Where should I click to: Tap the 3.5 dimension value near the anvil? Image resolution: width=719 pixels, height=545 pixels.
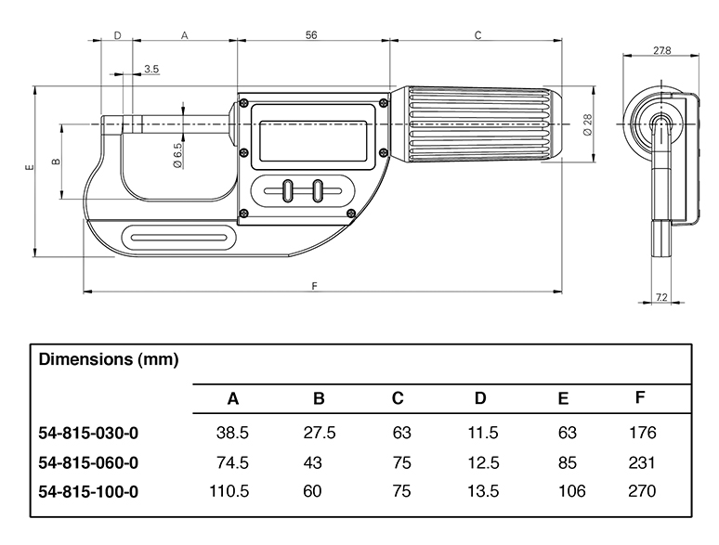click(x=151, y=70)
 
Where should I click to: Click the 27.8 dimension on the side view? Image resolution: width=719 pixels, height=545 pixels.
click(x=662, y=50)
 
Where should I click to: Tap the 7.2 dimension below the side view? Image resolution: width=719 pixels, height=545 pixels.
click(x=662, y=297)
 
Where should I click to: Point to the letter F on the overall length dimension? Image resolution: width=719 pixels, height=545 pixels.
click(x=315, y=285)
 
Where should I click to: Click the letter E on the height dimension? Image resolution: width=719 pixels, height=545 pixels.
click(x=30, y=168)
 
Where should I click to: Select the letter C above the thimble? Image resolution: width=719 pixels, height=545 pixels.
click(x=477, y=35)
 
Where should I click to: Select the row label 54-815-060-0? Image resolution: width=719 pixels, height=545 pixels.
click(x=89, y=462)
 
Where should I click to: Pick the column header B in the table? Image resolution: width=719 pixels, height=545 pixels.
click(x=319, y=399)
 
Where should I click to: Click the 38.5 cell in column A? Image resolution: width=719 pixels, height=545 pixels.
click(x=232, y=433)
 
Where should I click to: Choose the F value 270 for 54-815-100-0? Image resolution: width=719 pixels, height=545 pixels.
click(x=641, y=491)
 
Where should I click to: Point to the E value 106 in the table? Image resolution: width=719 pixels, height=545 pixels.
click(x=568, y=491)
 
